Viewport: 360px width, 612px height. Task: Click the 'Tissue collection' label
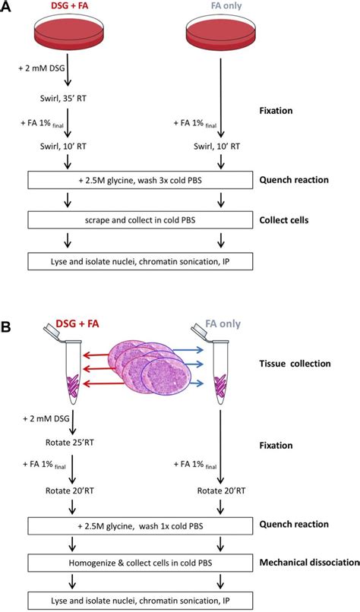point(304,364)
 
